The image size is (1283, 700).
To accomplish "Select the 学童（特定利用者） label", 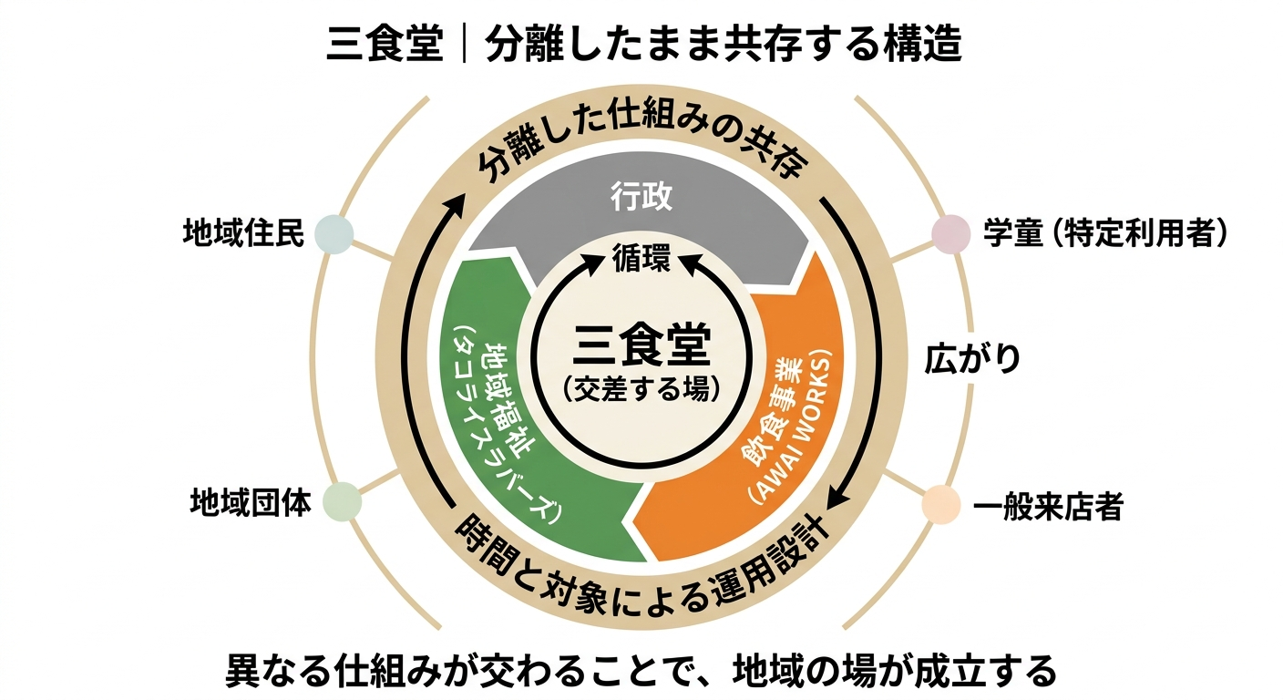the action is tap(1105, 232).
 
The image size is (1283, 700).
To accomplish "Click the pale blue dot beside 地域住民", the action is tap(334, 233).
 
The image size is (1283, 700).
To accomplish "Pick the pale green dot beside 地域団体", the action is tap(342, 500).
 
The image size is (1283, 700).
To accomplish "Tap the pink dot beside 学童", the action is tap(950, 232).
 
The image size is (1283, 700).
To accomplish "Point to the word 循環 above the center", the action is tap(641, 258).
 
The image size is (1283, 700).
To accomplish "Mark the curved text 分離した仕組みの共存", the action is tap(641, 151).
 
